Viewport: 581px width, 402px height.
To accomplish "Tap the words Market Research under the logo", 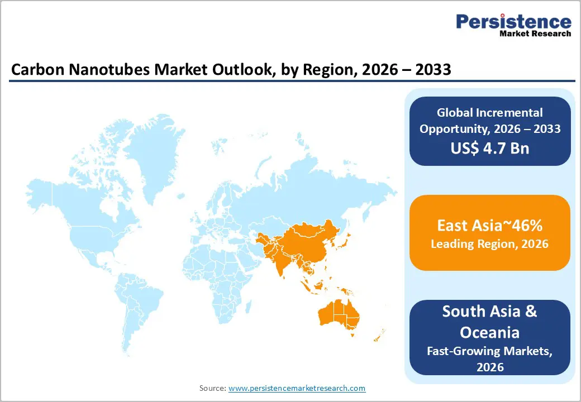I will [535, 33].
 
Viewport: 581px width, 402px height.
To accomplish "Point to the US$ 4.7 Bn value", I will [489, 149].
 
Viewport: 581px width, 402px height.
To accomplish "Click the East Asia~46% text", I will [489, 226].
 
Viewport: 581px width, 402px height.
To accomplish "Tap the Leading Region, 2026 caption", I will [489, 244].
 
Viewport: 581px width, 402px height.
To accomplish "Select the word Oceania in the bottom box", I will [489, 332].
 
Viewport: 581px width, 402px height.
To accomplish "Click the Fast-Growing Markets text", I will [489, 351].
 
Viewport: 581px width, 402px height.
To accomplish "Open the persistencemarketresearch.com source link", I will [297, 388].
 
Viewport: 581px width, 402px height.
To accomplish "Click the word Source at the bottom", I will [212, 388].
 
